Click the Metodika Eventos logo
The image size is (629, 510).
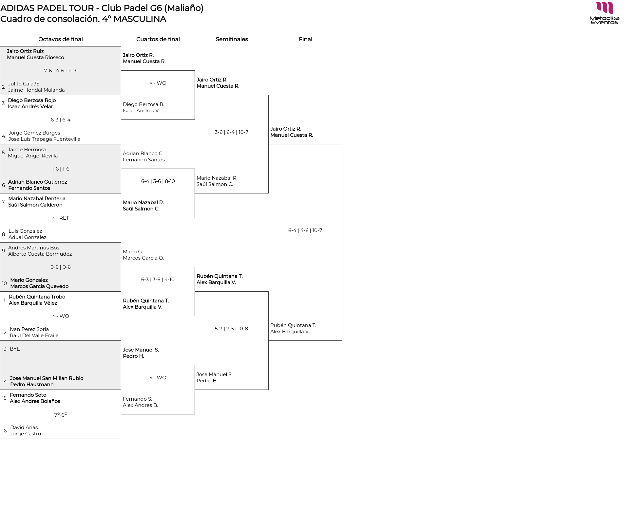tap(604, 13)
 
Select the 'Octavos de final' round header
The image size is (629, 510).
tap(61, 39)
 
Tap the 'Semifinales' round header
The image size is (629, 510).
tap(232, 39)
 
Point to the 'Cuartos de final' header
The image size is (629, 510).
tap(158, 39)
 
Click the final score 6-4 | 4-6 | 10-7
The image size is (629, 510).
tap(305, 230)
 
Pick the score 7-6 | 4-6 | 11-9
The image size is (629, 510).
tap(60, 71)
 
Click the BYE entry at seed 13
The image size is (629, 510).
tap(15, 349)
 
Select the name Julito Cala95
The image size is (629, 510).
tap(24, 84)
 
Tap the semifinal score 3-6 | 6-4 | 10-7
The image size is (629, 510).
tap(232, 132)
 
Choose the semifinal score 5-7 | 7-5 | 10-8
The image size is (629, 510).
tap(231, 329)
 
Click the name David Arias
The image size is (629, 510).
tap(24, 428)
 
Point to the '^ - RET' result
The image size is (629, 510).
tap(61, 218)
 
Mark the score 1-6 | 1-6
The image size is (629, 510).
tap(61, 169)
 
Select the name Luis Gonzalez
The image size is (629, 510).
tap(25, 231)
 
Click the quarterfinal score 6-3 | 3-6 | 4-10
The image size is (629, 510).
tap(158, 280)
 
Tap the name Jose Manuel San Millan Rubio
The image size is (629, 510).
tap(47, 378)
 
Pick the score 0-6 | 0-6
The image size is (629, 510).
tap(61, 267)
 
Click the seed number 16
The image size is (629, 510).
tap(4, 431)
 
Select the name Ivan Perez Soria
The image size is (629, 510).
tap(29, 329)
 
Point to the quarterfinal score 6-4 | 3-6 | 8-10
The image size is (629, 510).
tap(158, 181)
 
